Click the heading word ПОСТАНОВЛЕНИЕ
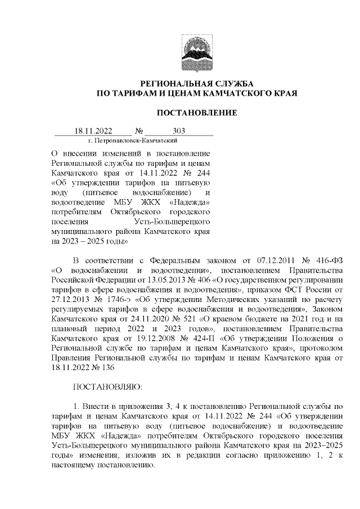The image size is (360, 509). click(196, 113)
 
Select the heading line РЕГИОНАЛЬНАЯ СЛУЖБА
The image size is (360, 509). click(196, 83)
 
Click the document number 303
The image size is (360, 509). click(179, 131)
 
